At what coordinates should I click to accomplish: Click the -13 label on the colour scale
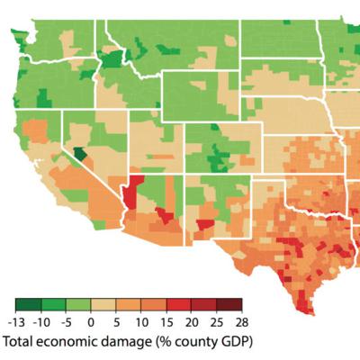(x=16, y=322)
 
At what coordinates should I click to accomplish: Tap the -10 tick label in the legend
(x=41, y=322)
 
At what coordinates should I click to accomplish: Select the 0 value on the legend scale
(x=91, y=322)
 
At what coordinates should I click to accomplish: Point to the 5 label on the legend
(x=116, y=322)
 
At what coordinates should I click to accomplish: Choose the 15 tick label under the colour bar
(x=166, y=322)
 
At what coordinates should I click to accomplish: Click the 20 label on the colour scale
(x=191, y=322)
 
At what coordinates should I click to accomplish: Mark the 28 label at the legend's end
(x=240, y=322)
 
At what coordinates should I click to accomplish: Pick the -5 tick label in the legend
(x=67, y=322)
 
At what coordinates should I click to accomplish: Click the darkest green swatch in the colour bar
(x=29, y=306)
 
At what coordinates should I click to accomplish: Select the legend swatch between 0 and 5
(x=103, y=306)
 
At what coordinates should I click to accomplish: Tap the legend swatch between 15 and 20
(x=178, y=306)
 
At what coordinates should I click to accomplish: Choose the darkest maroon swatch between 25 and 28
(x=229, y=306)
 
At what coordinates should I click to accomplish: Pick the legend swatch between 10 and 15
(x=153, y=306)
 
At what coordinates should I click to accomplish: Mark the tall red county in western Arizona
(x=135, y=193)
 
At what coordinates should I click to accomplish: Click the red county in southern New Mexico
(x=204, y=224)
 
